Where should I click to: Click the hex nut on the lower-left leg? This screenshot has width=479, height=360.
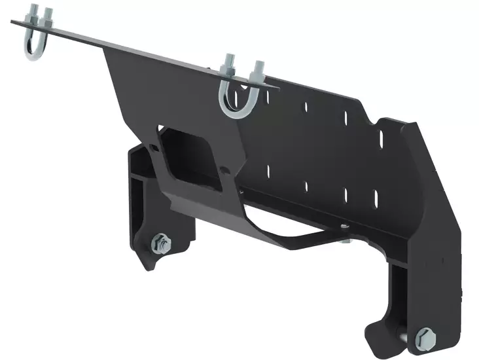click(x=160, y=243)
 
